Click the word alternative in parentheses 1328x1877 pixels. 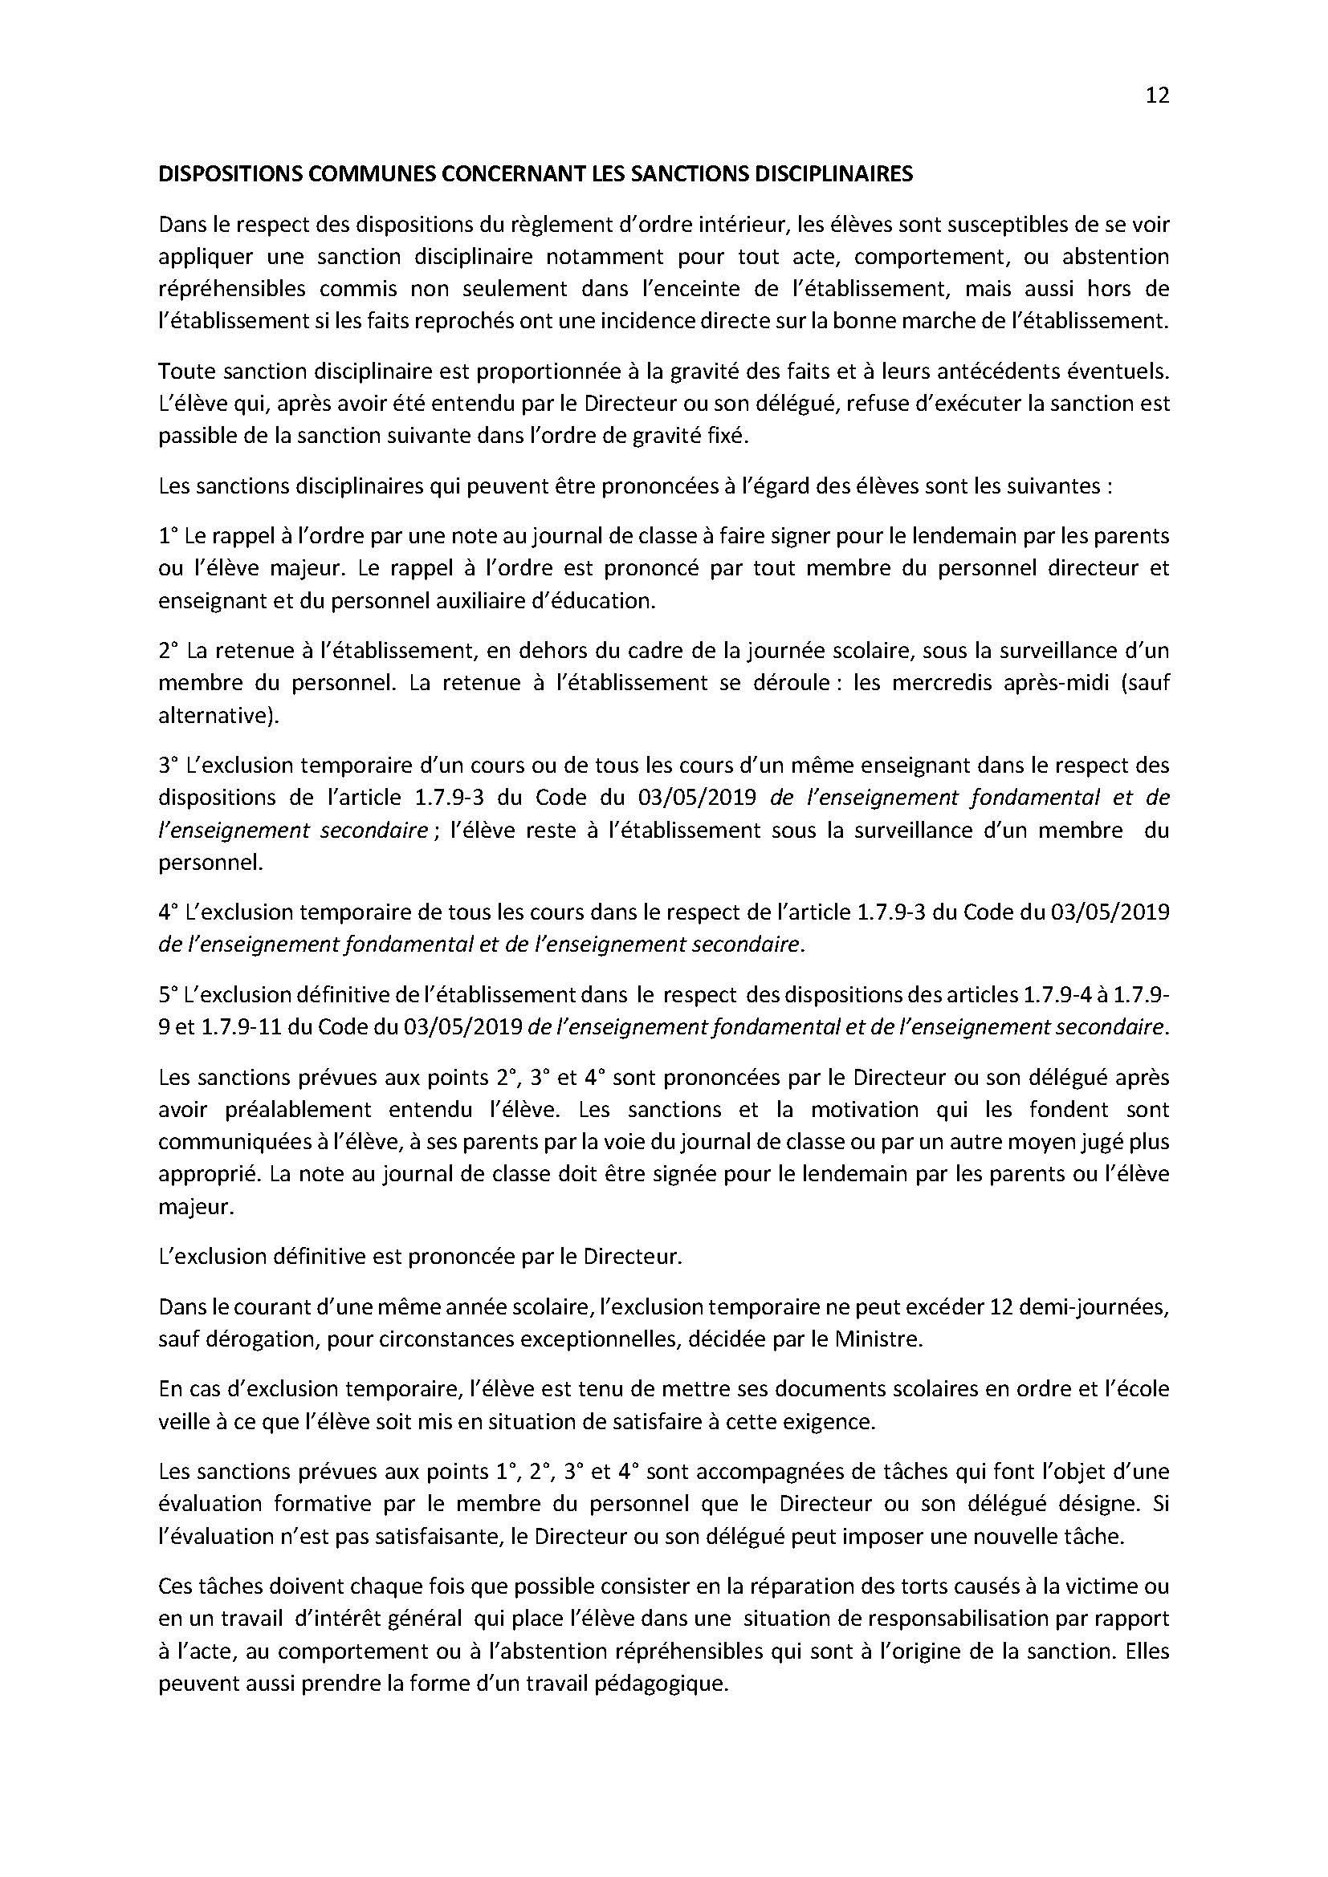tap(215, 715)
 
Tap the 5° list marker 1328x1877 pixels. tap(168, 995)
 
